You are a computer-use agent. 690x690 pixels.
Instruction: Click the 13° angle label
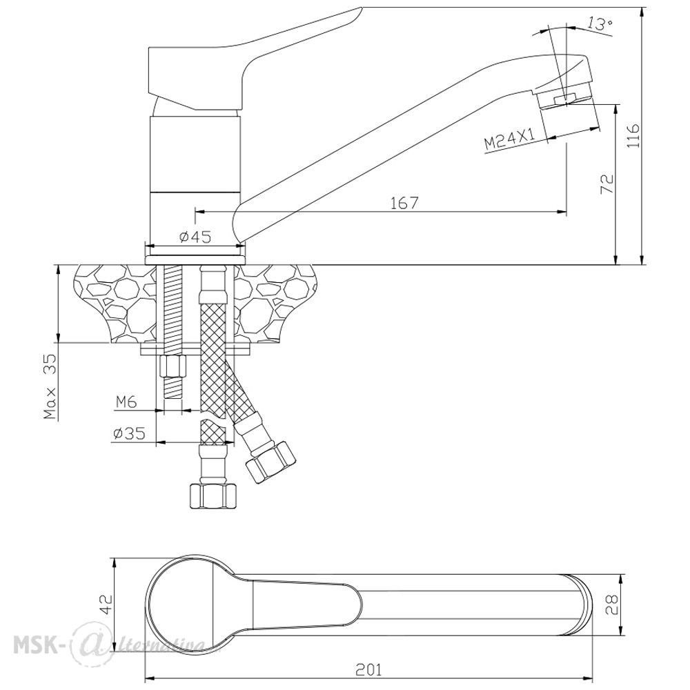coord(600,24)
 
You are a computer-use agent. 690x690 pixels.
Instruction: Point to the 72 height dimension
coord(606,184)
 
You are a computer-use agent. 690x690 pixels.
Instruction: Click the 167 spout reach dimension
coord(404,203)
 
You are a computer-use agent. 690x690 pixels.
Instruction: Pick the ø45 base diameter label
coord(195,237)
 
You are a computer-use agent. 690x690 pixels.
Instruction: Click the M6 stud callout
coord(127,402)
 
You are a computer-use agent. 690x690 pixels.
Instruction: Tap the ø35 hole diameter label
coord(129,434)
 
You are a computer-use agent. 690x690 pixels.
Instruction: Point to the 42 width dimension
coord(106,605)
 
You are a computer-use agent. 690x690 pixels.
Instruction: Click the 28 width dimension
coord(611,604)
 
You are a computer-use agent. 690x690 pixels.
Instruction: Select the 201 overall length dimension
coord(368,669)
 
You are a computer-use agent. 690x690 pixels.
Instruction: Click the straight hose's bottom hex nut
coord(213,496)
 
